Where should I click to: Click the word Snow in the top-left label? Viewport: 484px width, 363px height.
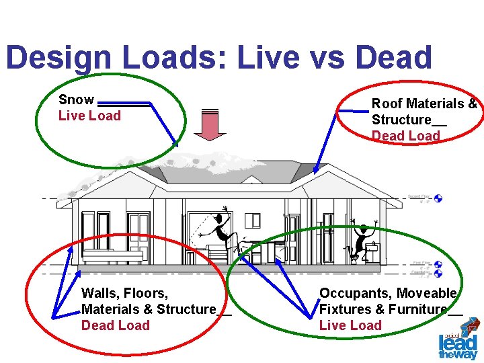coord(76,99)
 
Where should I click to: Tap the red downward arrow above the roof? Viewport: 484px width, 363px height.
coord(210,124)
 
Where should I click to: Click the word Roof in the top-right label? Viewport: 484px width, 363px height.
coord(386,104)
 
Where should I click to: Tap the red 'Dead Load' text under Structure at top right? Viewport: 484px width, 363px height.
coord(405,136)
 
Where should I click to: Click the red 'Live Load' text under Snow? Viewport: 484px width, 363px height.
coord(89,116)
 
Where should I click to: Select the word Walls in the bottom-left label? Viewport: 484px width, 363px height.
coord(99,293)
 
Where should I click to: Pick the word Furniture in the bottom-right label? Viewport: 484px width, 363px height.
coord(416,309)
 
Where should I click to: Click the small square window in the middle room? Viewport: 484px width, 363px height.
coord(253,220)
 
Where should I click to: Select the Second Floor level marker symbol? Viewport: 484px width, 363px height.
coord(438,198)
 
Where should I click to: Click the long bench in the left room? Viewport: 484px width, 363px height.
coord(112,255)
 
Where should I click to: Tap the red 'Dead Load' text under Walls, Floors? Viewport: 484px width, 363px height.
coord(115,325)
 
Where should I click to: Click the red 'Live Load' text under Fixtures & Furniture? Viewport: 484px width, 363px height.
coord(350,325)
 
